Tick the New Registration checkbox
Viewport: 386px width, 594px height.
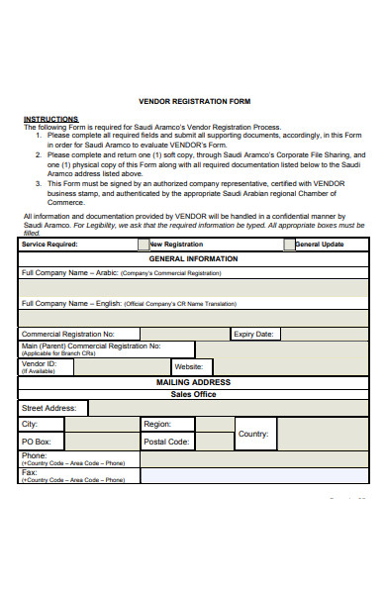click(x=144, y=244)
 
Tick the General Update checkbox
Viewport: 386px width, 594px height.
click(x=289, y=244)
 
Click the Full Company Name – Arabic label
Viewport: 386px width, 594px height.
click(x=69, y=271)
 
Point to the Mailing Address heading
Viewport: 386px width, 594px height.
click(x=193, y=382)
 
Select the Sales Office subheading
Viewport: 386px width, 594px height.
click(x=193, y=394)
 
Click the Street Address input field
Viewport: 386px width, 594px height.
click(x=228, y=408)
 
